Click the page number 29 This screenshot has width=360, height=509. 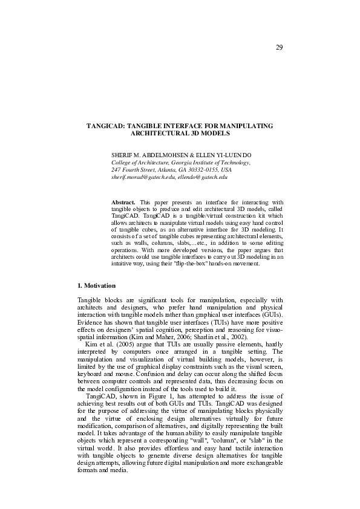280,47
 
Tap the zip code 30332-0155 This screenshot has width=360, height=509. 209,170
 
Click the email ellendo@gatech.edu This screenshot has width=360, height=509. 203,177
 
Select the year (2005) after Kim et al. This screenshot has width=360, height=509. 121,345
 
